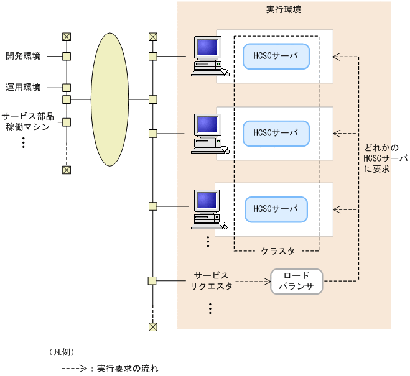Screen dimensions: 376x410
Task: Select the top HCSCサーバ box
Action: point(276,56)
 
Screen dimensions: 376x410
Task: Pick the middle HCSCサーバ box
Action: point(276,132)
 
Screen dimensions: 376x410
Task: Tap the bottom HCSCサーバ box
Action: point(276,209)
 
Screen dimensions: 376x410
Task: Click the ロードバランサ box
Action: point(296,281)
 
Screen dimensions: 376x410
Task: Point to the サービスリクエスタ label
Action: point(211,280)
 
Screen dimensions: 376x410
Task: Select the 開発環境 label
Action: point(23,57)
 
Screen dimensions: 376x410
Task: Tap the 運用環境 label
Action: point(23,87)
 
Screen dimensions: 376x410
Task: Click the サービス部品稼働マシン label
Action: point(27,122)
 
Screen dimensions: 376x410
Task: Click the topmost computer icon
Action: point(208,57)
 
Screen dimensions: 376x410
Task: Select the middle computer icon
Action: point(208,133)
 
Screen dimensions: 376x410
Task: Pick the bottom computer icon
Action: point(208,209)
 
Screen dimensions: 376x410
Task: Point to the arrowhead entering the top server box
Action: point(337,57)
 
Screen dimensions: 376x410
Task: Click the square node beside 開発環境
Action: point(67,57)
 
